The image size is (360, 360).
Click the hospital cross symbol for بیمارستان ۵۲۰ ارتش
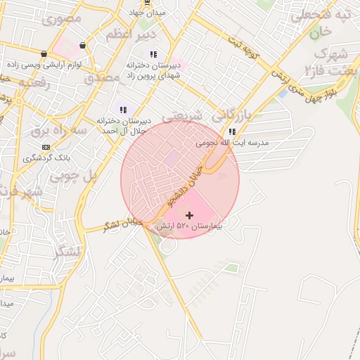click(x=188, y=214)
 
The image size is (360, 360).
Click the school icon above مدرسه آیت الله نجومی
click(x=232, y=131)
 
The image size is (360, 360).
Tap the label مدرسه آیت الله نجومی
click(x=232, y=143)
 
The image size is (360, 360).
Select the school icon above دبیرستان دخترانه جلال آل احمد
click(x=123, y=110)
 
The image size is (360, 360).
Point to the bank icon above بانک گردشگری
click(x=46, y=147)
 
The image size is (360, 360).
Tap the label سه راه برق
click(x=60, y=130)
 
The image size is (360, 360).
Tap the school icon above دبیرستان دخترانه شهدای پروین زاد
click(x=153, y=54)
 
